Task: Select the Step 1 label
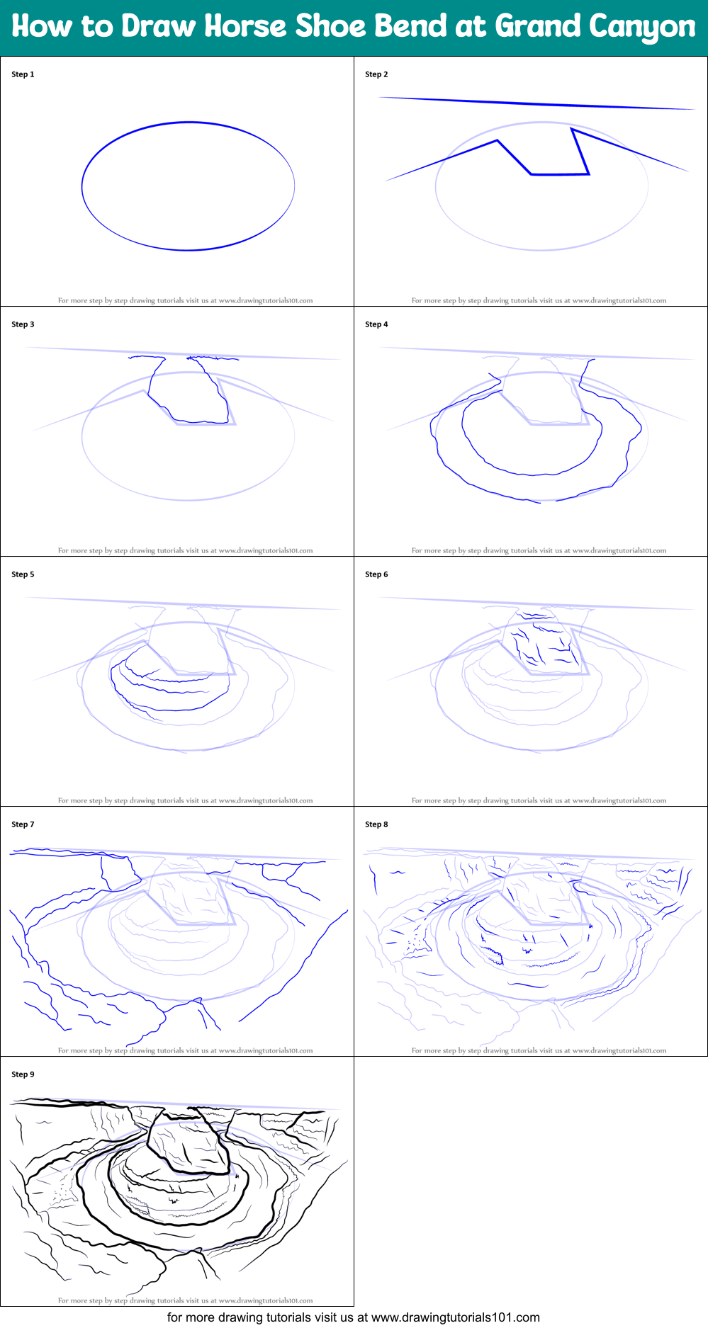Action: click(23, 74)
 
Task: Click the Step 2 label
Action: click(376, 74)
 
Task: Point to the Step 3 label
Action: click(23, 324)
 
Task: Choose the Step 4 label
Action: click(376, 324)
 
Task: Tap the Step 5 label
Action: click(23, 574)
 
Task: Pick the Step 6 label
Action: click(376, 574)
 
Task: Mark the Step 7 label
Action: click(23, 824)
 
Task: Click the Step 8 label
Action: click(376, 824)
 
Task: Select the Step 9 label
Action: click(23, 1074)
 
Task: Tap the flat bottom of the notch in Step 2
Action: click(560, 174)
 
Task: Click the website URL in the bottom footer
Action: click(455, 1317)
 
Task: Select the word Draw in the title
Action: click(158, 27)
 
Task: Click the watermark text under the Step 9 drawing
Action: click(185, 1300)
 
